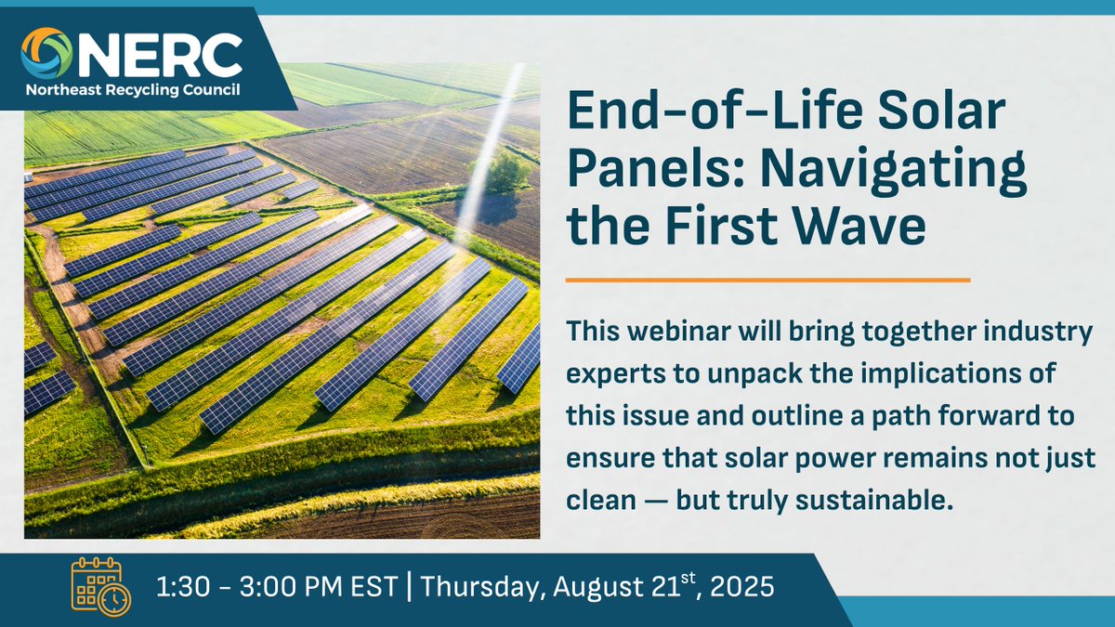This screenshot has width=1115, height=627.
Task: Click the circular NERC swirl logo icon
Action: (x=46, y=54)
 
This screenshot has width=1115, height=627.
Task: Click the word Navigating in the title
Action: (x=891, y=170)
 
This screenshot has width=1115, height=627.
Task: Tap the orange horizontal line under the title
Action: (x=767, y=279)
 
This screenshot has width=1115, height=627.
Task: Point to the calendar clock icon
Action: (x=101, y=587)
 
